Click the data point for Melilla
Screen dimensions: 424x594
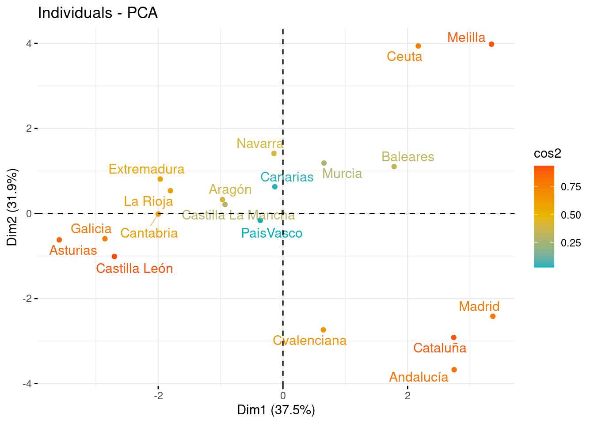click(x=491, y=44)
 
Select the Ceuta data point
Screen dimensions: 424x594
click(x=418, y=46)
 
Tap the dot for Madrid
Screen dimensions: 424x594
click(x=493, y=316)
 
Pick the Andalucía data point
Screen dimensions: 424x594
click(x=454, y=370)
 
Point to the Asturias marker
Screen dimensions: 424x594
click(x=59, y=240)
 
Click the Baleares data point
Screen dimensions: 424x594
click(x=394, y=167)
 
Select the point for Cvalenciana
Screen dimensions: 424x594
click(x=323, y=330)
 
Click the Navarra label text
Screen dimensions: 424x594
click(x=260, y=144)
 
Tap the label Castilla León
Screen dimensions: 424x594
click(x=134, y=269)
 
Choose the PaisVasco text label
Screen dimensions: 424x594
click(x=272, y=233)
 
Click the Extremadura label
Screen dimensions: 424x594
click(x=146, y=169)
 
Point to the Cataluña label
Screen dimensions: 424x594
click(x=440, y=348)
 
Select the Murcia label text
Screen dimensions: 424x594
click(x=342, y=174)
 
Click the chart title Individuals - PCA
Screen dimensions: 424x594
click(x=98, y=13)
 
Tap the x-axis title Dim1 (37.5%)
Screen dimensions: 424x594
click(x=276, y=410)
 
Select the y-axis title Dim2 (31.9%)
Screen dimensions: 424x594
click(x=12, y=207)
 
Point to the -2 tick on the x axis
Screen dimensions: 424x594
click(x=158, y=396)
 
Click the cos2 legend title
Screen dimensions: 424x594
click(x=547, y=153)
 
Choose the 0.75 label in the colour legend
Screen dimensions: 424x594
click(x=571, y=187)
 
